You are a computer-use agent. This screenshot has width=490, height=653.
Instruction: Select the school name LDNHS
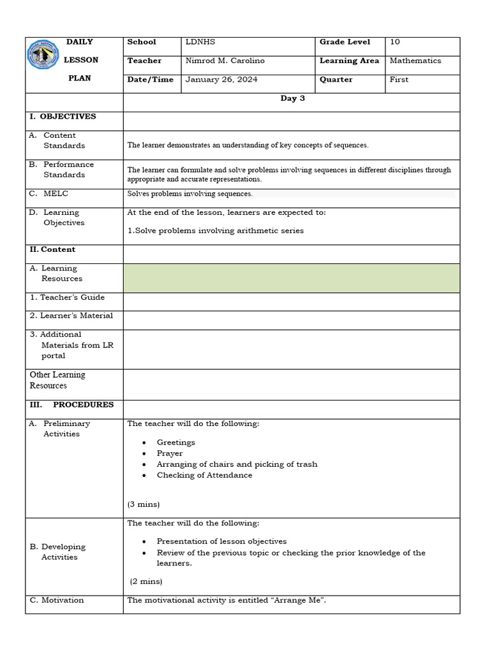(200, 42)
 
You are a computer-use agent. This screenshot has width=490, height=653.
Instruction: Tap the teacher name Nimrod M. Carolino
(225, 61)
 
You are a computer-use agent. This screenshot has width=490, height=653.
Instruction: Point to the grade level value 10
(395, 42)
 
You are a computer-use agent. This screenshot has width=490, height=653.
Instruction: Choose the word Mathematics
(415, 61)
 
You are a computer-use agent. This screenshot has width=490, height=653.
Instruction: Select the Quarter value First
(399, 80)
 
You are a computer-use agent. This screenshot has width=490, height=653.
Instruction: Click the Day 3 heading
(293, 99)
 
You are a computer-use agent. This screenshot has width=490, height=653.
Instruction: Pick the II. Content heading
(52, 249)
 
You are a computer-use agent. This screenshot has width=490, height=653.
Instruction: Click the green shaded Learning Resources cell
(291, 278)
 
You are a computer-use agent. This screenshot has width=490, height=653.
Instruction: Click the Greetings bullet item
(176, 443)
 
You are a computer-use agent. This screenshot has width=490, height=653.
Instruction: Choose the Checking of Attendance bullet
(204, 475)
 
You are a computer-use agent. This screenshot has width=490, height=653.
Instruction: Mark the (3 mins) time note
(144, 504)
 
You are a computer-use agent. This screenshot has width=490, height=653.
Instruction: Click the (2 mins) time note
(146, 582)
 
